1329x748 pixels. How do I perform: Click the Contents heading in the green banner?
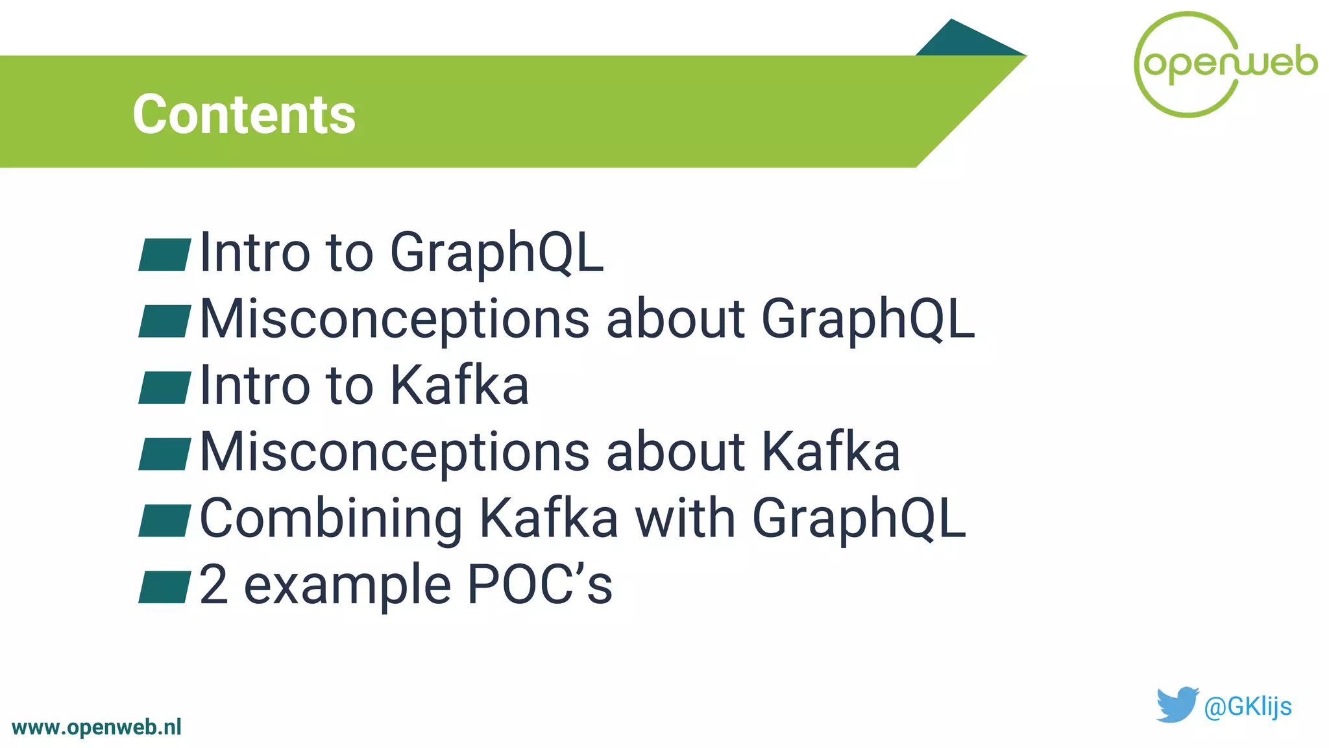tap(244, 114)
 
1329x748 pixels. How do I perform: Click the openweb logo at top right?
tap(1225, 64)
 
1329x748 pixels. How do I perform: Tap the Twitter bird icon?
tap(1177, 704)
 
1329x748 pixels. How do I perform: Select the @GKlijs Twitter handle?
tap(1247, 706)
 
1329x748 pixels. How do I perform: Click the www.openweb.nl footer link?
tap(97, 727)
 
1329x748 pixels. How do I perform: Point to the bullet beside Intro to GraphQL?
tap(165, 255)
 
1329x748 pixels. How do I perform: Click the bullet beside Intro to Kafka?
tap(165, 388)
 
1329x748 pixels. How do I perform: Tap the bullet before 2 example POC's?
tap(165, 587)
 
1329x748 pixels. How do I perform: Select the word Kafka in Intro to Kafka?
tap(459, 386)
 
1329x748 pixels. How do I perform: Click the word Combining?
tap(331, 519)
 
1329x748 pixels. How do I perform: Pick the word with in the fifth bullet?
tap(685, 518)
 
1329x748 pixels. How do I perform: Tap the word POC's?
tap(539, 584)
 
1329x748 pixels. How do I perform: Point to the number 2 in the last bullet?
tap(213, 584)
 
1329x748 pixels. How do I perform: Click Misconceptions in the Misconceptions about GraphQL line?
tap(395, 319)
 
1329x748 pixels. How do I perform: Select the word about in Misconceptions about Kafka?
tap(675, 452)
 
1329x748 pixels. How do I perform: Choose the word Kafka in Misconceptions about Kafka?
tap(831, 452)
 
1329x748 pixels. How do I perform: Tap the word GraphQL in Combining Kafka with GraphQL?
tap(859, 519)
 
